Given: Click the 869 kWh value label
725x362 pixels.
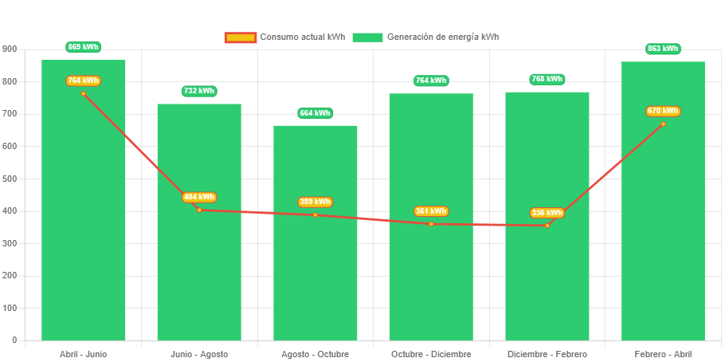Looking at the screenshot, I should pyautogui.click(x=84, y=47).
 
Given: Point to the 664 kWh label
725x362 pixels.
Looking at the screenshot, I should pyautogui.click(x=315, y=113).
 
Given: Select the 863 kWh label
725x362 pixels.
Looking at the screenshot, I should pyautogui.click(x=663, y=49).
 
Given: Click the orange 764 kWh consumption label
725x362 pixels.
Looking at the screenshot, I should pyautogui.click(x=84, y=81).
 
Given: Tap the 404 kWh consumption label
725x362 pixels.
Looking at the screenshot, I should pyautogui.click(x=199, y=197).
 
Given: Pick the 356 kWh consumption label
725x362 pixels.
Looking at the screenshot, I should pyautogui.click(x=547, y=213).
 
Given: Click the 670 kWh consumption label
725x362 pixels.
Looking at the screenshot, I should pyautogui.click(x=663, y=111).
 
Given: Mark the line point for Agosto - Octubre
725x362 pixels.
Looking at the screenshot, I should pyautogui.click(x=315, y=214).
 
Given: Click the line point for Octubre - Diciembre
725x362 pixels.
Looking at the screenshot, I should pyautogui.click(x=431, y=224).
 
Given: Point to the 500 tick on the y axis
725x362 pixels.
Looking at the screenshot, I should pyautogui.click(x=9, y=179).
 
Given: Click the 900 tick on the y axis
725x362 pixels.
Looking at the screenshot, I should pyautogui.click(x=9, y=49).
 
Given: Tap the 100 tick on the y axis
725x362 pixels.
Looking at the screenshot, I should pyautogui.click(x=9, y=308).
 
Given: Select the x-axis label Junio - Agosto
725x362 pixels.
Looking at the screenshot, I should pyautogui.click(x=199, y=354).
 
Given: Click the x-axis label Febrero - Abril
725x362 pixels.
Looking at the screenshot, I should pyautogui.click(x=663, y=354).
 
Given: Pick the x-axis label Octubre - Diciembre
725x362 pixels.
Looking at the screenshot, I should pyautogui.click(x=431, y=354).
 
